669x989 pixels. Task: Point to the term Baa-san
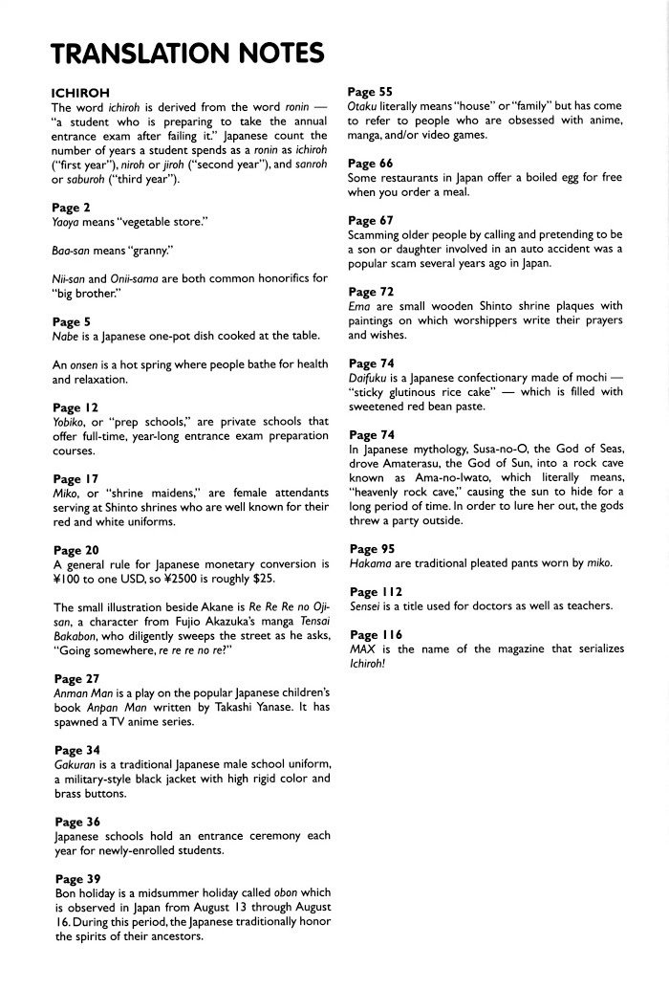(74, 251)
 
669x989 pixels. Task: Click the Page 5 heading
(72, 322)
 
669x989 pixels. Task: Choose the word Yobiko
(73, 422)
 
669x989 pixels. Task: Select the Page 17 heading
(76, 478)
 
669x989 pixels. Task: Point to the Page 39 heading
(77, 878)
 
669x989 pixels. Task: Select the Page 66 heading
(371, 164)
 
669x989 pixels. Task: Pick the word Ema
(360, 306)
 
